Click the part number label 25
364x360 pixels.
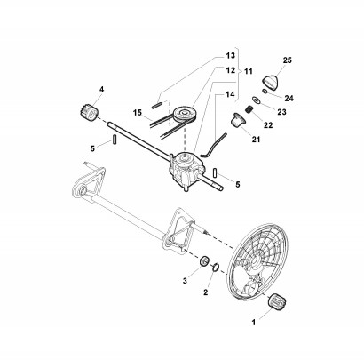[x=287, y=60]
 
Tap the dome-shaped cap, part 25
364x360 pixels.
[x=271, y=82]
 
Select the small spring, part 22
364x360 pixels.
[x=249, y=109]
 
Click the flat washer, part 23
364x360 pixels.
[x=256, y=100]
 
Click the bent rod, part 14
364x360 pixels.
[x=213, y=145]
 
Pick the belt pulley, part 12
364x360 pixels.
[x=183, y=114]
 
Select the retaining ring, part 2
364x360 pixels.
[x=215, y=265]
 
